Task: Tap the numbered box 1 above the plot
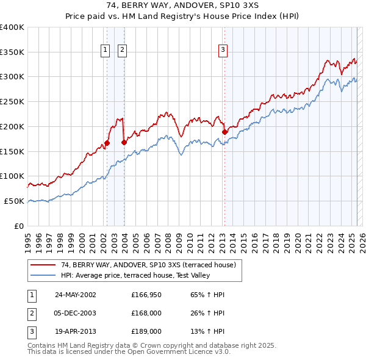(x=106, y=50)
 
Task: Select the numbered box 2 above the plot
(x=122, y=50)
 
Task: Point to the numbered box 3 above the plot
(x=223, y=50)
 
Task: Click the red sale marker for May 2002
(x=107, y=143)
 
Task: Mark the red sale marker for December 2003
(x=124, y=142)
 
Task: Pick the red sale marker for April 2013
(x=224, y=132)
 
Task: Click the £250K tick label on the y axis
(x=12, y=101)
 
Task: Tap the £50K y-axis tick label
(x=14, y=201)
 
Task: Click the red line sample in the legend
(x=43, y=265)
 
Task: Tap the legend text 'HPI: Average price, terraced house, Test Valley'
(x=135, y=276)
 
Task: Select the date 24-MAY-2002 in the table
(x=75, y=295)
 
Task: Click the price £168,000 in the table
(x=146, y=313)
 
